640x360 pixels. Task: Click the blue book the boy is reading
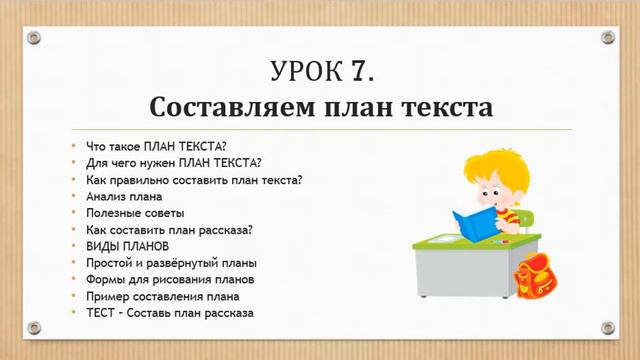pyautogui.click(x=471, y=226)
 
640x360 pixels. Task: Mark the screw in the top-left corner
pyautogui.click(x=33, y=37)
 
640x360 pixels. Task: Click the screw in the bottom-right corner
pyautogui.click(x=606, y=327)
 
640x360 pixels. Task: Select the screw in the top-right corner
pyautogui.click(x=606, y=37)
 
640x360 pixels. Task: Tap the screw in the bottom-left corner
pyautogui.click(x=33, y=327)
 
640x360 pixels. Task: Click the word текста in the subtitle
pyautogui.click(x=446, y=106)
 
